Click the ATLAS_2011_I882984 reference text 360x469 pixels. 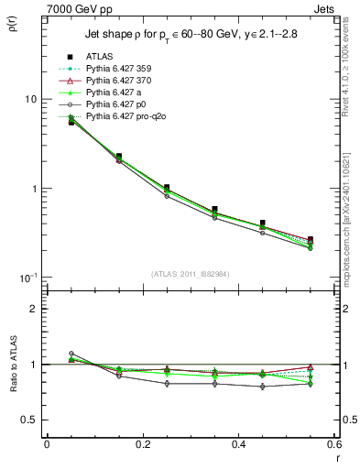(x=190, y=274)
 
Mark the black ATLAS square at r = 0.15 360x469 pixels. (x=119, y=157)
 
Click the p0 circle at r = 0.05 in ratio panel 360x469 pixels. (x=71, y=354)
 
